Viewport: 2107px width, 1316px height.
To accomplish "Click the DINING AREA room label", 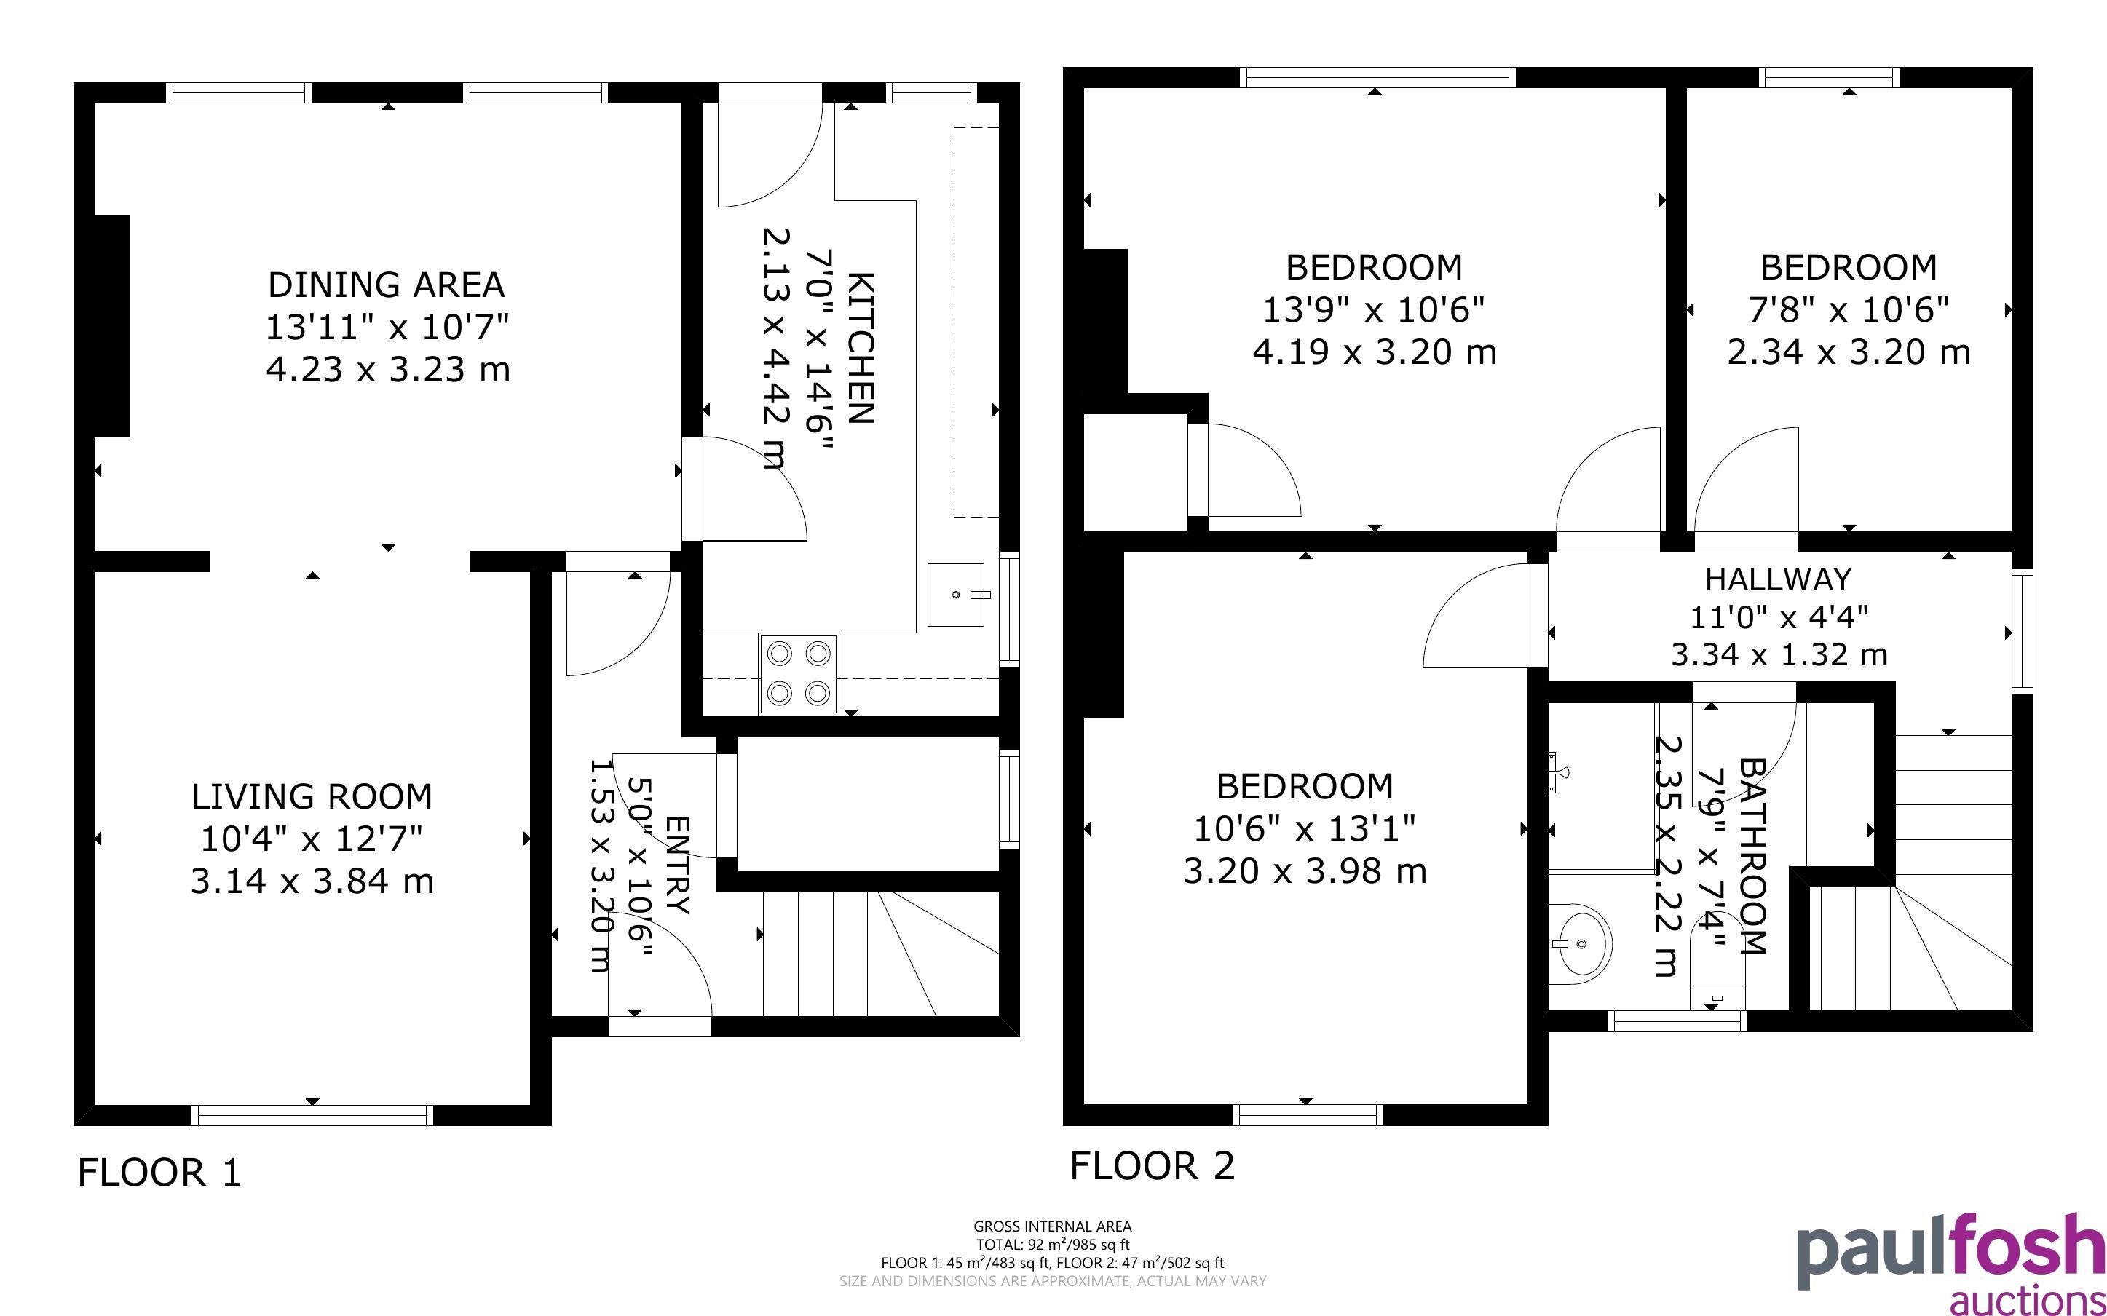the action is tap(387, 285).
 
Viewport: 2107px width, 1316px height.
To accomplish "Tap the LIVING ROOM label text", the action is tap(312, 796).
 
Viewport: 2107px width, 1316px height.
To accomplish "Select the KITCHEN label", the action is tap(860, 348).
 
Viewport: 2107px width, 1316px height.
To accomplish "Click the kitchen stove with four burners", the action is tap(799, 675).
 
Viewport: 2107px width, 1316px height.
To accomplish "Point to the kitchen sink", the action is tap(956, 595).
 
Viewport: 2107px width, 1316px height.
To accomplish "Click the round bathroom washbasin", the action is tap(1580, 943).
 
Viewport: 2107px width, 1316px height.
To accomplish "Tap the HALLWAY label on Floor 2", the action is tap(1778, 579).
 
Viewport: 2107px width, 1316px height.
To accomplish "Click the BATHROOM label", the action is tap(1752, 857).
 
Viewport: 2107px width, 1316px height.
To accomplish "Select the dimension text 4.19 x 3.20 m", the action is tap(1374, 352).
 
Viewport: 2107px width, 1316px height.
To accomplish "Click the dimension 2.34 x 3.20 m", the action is tap(1849, 352).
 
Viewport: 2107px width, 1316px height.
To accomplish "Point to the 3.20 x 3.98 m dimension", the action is tap(1305, 871).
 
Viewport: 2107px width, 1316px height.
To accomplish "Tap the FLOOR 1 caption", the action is tap(159, 1173).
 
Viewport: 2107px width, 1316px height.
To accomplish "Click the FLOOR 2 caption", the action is tap(1153, 1166).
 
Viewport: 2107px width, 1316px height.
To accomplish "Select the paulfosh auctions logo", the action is tap(1950, 1264).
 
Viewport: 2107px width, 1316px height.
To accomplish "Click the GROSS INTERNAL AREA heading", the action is tap(1053, 1226).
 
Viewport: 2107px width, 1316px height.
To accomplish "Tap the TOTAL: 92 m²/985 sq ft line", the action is tap(1053, 1245).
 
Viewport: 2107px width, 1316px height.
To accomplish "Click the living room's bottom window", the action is tap(312, 1115).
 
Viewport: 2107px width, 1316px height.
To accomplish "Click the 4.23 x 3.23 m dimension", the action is tap(388, 369).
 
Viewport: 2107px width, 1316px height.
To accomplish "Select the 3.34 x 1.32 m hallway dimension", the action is tap(1779, 654).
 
